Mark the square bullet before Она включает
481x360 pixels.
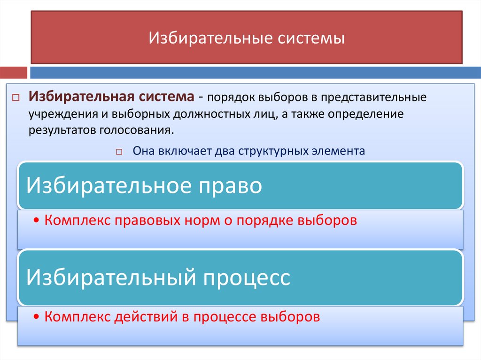[x=118, y=152]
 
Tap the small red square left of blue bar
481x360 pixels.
[x=13, y=73]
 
